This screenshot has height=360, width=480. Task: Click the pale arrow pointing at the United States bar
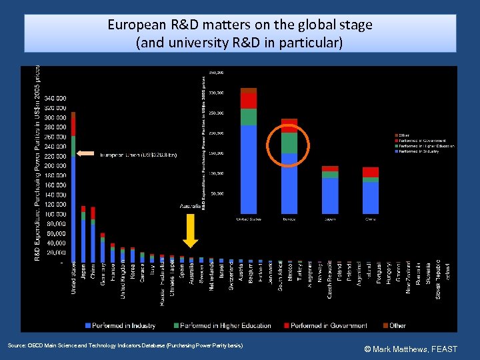point(86,154)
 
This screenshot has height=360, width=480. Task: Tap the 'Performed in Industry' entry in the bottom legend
point(120,325)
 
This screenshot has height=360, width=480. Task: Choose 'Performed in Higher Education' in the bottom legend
point(221,325)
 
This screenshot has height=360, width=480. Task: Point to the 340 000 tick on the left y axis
point(55,98)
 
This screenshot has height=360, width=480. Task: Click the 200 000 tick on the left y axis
point(55,165)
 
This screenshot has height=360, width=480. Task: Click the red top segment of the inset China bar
point(371,172)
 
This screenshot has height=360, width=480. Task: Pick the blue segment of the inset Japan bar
point(330,196)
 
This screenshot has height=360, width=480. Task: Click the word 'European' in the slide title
point(135,25)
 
